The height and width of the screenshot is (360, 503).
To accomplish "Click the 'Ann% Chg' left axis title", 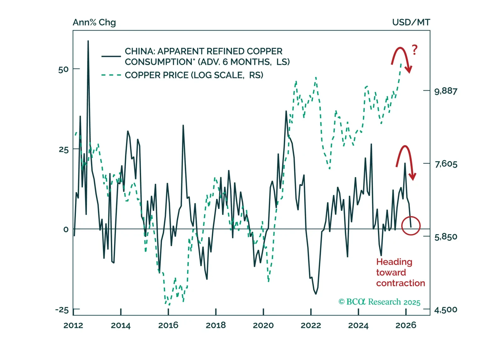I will (94, 23).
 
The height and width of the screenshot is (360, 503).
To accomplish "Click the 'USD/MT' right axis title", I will (411, 23).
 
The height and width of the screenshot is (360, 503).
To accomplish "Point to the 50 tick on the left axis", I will (63, 70).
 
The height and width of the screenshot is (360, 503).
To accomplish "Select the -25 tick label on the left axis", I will (62, 310).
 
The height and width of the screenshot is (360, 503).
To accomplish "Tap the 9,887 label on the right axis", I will (446, 91).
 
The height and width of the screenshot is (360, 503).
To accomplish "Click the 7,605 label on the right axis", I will (446, 164).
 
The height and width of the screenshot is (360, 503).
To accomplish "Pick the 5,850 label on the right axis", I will (446, 237).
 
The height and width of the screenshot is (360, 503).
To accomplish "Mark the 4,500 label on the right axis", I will (446, 310).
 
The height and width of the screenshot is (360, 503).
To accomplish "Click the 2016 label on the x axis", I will (168, 325).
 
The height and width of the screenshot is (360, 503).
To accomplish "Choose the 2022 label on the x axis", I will (311, 325).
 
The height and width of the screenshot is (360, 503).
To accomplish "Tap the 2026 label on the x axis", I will (406, 325).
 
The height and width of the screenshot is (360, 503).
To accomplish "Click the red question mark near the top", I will (414, 50).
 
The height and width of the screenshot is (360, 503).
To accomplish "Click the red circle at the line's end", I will (411, 226).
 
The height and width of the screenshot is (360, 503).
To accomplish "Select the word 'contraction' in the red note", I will (400, 283).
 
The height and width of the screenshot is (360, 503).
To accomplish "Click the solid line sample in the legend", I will (111, 56).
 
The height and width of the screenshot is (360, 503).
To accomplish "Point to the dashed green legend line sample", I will (111, 75).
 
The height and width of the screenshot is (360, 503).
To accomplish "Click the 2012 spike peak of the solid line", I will (88, 41).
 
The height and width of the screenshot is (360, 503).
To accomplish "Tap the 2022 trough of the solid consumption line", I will (316, 294).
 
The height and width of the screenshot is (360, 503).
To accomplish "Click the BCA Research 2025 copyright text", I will (379, 302).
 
